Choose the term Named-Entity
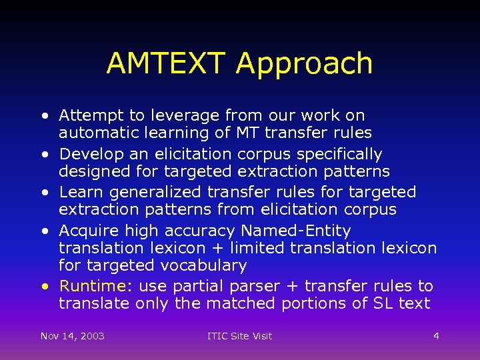[x=295, y=231]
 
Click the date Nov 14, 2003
[x=72, y=335]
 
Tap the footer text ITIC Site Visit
[x=239, y=335]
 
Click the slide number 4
[x=436, y=335]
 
